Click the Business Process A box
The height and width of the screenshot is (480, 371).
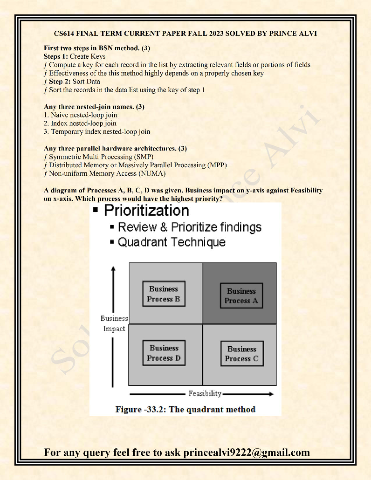point(241,296)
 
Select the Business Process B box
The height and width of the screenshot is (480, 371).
point(164,294)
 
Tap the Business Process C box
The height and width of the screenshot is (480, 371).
point(242,354)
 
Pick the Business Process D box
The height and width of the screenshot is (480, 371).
point(164,353)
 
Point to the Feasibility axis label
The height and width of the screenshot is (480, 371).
point(205,394)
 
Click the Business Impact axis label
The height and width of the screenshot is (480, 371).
point(114,324)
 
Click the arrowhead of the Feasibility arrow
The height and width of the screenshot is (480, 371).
point(271,394)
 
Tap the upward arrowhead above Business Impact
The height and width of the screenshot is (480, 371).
point(113,269)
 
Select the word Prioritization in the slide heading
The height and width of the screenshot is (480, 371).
point(147,211)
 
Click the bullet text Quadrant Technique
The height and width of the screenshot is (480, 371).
point(172,242)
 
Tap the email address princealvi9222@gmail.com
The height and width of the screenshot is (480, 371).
point(246,452)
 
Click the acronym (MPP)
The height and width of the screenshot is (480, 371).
point(217,165)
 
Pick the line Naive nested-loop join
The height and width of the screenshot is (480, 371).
point(84,115)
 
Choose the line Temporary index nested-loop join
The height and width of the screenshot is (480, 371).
point(100,132)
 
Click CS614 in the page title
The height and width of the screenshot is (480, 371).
point(64,34)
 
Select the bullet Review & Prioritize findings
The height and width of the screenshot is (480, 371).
point(190,227)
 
